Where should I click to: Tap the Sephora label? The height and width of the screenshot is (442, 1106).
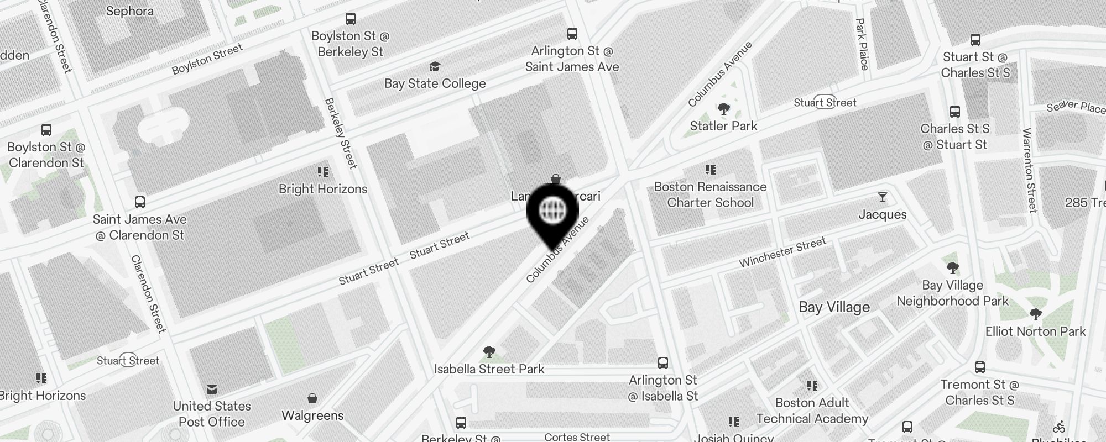tap(129, 11)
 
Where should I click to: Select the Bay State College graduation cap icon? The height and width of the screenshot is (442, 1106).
tap(435, 67)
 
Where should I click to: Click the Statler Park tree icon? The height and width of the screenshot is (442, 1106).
tap(723, 108)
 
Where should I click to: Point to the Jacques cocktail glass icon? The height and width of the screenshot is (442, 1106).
tap(882, 197)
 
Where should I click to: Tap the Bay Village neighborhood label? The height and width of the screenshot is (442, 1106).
tap(834, 307)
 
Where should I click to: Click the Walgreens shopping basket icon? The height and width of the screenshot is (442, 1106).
tap(312, 398)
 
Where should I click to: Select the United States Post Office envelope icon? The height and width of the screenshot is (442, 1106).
tap(211, 390)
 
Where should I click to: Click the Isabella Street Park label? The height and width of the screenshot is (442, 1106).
tap(489, 369)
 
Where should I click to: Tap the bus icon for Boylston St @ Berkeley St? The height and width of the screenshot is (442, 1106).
tap(350, 19)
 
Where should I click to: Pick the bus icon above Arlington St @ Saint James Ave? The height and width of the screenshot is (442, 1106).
tap(572, 34)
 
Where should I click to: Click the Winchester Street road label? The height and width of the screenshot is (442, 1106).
tap(782, 252)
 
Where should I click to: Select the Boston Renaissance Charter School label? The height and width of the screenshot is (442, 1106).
tap(710, 194)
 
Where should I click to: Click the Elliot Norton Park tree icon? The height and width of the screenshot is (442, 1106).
tap(1035, 314)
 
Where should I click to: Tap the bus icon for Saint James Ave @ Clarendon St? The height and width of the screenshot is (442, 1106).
tap(140, 202)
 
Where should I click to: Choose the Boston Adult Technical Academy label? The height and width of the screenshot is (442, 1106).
tap(812, 411)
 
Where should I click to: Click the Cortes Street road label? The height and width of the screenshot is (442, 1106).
tap(577, 437)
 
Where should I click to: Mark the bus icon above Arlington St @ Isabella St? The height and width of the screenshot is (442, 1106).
tap(663, 363)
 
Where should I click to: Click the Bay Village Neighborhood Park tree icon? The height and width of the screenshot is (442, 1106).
tap(952, 269)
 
